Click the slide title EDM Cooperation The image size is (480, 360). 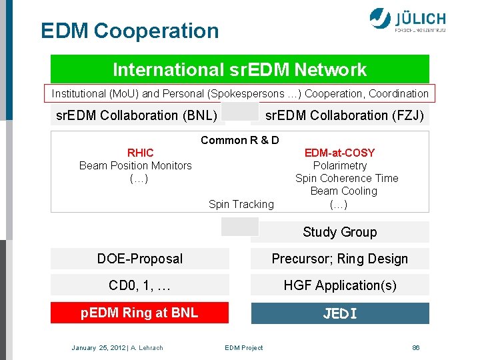[129, 31]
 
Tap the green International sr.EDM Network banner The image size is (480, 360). [239, 69]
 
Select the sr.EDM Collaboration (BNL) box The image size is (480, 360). [137, 115]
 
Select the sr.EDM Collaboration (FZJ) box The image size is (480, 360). [343, 115]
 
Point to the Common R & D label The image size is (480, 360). [239, 140]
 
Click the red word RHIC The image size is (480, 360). [140, 153]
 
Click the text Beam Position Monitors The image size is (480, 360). [135, 165]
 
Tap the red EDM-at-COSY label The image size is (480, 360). [339, 153]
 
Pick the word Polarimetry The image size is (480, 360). [339, 165]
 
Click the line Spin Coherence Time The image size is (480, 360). [347, 178]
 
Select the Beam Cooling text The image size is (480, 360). [343, 191]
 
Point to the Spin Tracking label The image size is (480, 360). [241, 204]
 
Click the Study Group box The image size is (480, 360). [339, 232]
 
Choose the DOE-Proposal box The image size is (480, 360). [139, 259]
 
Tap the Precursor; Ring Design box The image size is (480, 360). [339, 259]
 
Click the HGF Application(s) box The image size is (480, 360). [339, 285]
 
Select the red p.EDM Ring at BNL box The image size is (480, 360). [139, 313]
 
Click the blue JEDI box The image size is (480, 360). [339, 313]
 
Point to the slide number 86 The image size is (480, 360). [415, 347]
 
